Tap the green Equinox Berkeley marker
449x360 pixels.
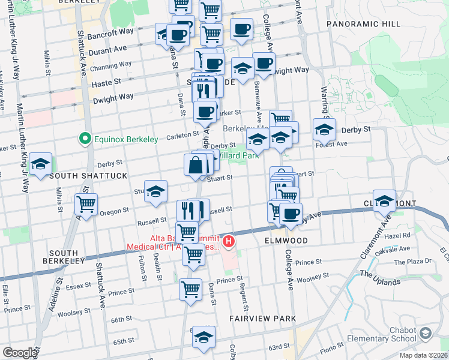85,139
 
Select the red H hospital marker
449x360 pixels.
228,242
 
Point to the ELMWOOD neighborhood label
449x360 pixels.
286,240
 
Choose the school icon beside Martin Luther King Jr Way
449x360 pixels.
40,164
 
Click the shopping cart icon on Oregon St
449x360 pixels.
86,205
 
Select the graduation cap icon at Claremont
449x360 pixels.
385,201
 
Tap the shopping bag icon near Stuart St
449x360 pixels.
196,164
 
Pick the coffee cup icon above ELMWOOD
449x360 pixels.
291,214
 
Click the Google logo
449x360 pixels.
20,353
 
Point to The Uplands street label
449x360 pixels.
380,277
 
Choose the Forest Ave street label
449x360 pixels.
331,144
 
